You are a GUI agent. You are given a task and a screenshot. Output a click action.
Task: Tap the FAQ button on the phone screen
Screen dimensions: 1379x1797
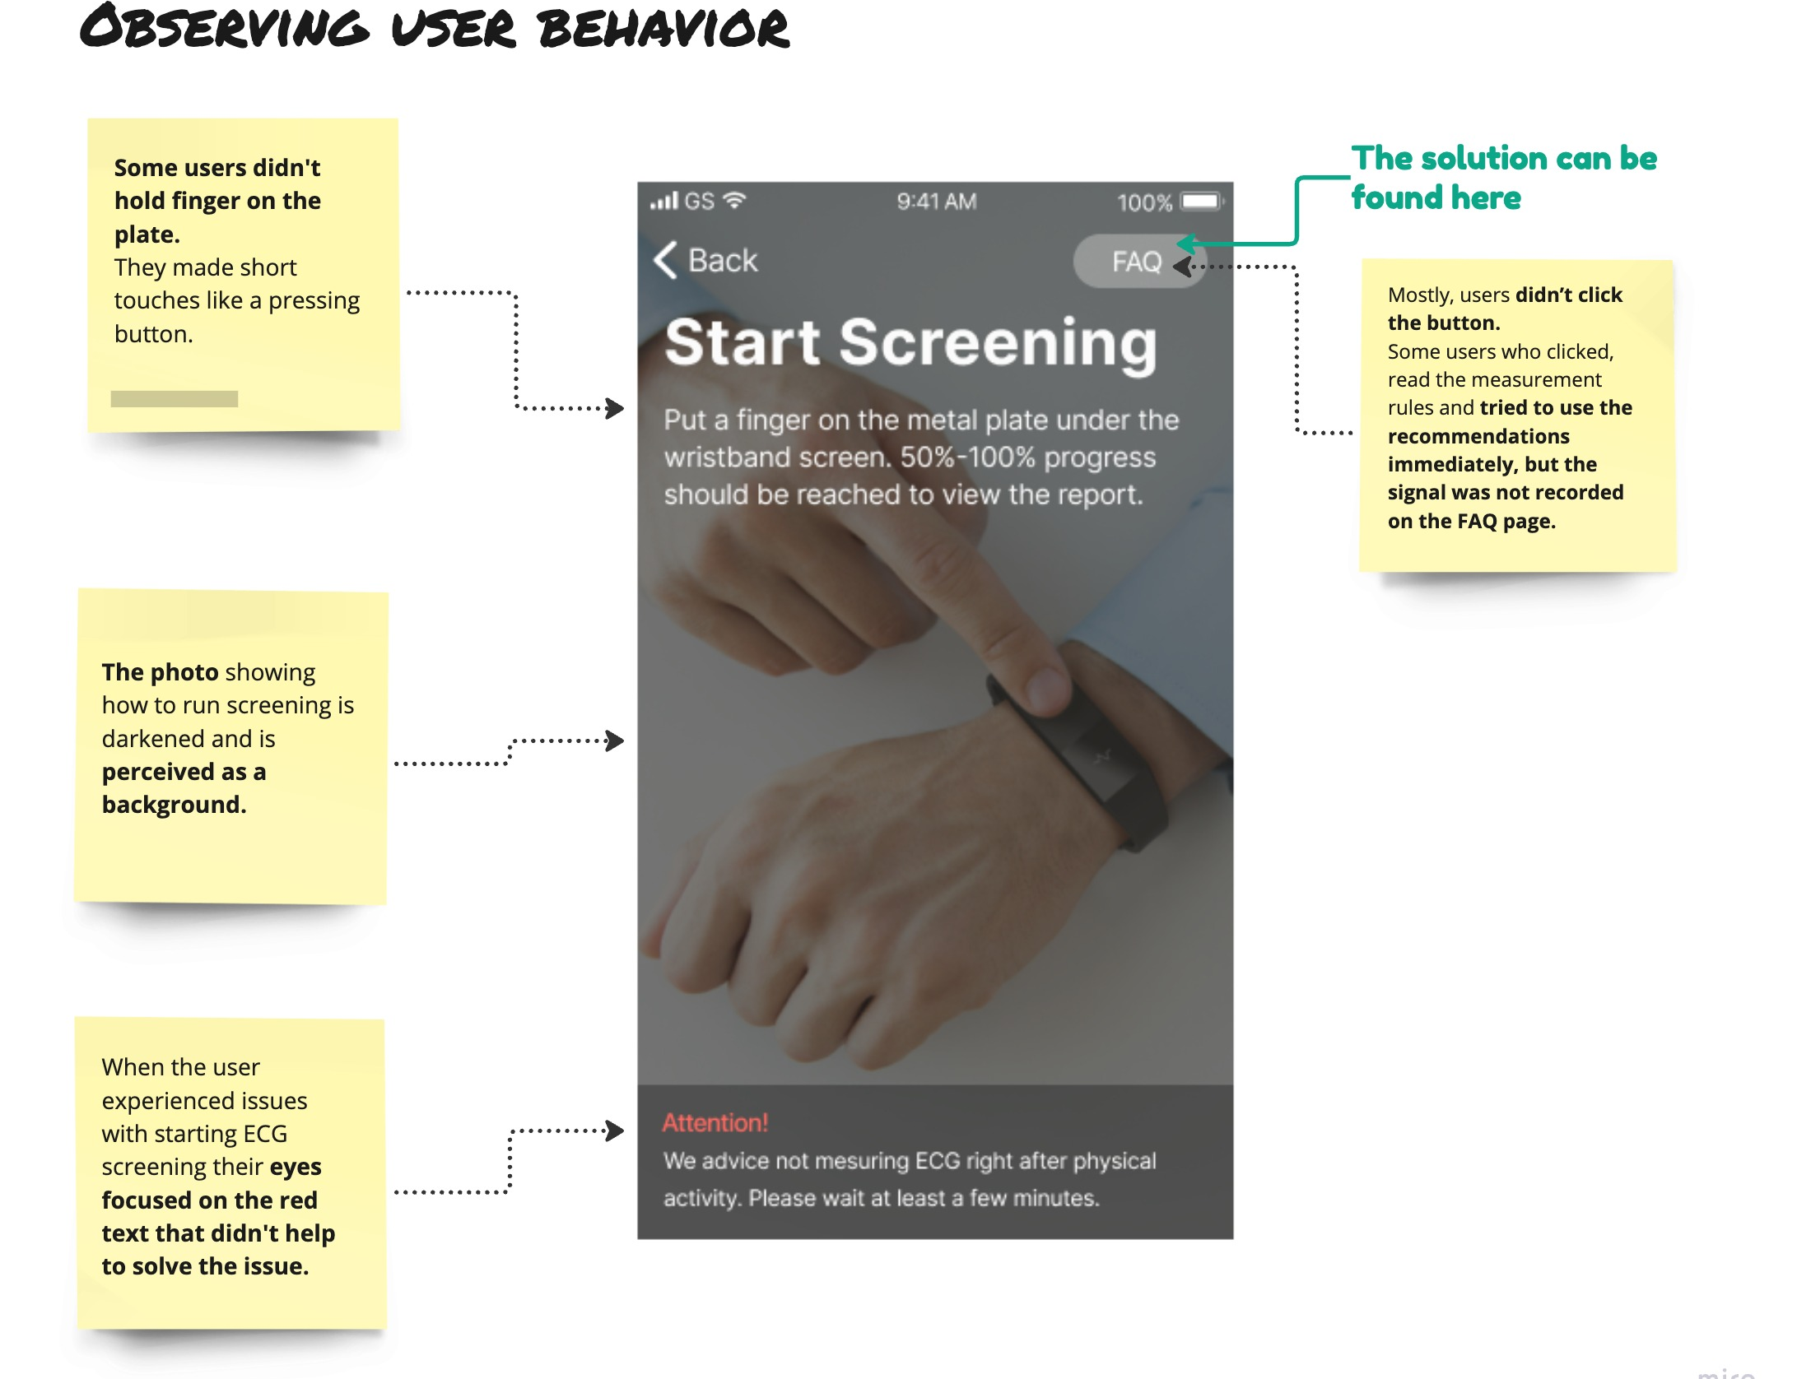pyautogui.click(x=1136, y=262)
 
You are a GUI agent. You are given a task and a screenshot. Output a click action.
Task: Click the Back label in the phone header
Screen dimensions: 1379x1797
pyautogui.click(x=722, y=260)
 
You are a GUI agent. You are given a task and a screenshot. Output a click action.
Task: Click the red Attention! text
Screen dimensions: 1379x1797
pyautogui.click(x=715, y=1122)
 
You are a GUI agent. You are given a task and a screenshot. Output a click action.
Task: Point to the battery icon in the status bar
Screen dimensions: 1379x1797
pyautogui.click(x=1201, y=202)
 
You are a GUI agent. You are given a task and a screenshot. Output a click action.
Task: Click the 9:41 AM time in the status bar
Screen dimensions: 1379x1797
pyautogui.click(x=936, y=202)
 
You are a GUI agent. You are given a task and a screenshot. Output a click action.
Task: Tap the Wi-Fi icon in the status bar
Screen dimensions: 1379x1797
pyautogui.click(x=734, y=200)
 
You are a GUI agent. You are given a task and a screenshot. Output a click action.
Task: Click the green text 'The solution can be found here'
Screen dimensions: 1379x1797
pyautogui.click(x=1502, y=178)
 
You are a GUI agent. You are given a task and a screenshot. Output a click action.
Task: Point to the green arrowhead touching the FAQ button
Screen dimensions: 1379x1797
pyautogui.click(x=1186, y=244)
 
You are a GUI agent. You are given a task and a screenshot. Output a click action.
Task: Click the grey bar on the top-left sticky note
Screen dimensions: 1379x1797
pyautogui.click(x=175, y=399)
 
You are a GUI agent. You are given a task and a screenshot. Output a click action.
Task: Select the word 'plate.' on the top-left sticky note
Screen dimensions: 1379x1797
pyautogui.click(x=147, y=234)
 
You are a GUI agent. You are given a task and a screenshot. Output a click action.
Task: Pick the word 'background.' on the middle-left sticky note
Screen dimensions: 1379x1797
pyautogui.click(x=174, y=805)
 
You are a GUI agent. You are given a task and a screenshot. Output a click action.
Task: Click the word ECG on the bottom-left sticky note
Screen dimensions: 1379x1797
pyautogui.click(x=264, y=1134)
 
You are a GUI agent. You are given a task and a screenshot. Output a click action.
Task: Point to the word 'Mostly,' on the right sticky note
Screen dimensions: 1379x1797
pyautogui.click(x=1420, y=295)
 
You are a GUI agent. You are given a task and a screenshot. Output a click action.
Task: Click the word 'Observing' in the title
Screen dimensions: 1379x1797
pyautogui.click(x=224, y=27)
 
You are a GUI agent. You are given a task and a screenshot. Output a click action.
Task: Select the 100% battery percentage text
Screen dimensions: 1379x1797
pyautogui.click(x=1144, y=202)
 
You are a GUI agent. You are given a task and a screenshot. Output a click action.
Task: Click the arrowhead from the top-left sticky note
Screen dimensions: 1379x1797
pyautogui.click(x=614, y=408)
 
